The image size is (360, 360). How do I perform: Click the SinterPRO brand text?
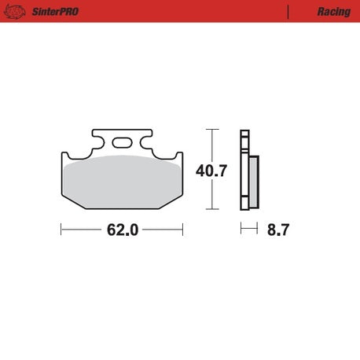pos(55,12)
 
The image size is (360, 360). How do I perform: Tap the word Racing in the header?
pos(334,12)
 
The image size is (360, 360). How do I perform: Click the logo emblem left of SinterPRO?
pos(15,12)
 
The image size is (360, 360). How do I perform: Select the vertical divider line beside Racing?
pos(288,12)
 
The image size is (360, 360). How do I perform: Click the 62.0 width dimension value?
pos(123,230)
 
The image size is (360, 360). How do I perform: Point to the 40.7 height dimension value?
pos(211,171)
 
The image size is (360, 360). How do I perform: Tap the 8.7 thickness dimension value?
pos(278,230)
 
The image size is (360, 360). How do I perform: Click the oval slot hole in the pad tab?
pos(122,143)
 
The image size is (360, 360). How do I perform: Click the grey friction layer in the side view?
pos(254,182)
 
